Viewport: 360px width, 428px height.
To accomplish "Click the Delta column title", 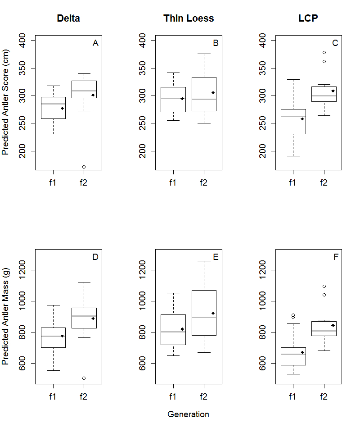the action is pos(68,18).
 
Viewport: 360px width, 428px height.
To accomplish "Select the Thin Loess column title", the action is pos(189,18).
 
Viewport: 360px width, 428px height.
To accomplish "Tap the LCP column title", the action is pos(308,18).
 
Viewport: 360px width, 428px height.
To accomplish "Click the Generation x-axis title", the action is pos(188,414).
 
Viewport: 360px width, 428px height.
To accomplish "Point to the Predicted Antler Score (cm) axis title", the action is pos(5,102).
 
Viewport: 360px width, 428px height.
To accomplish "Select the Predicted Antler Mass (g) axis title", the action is pos(5,316).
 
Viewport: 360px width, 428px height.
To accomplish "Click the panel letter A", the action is pos(95,43).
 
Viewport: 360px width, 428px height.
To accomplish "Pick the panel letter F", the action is pos(336,257).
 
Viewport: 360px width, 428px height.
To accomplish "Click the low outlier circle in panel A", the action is pos(84,167).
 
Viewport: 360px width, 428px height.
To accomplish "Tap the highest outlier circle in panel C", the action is pos(324,52).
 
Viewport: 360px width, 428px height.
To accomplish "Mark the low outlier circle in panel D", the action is pos(84,378).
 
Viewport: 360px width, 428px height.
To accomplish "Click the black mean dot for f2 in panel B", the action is pos(213,92).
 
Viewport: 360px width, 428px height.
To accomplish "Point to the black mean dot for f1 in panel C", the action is pos(302,119).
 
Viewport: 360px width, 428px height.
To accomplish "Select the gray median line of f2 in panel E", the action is pos(204,317).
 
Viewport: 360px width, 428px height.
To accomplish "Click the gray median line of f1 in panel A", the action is pos(53,104).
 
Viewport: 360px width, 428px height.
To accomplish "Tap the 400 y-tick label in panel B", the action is pos(142,41).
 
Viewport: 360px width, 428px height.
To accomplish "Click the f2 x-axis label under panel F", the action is pos(324,396).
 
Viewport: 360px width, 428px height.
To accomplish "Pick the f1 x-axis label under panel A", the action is pos(52,182).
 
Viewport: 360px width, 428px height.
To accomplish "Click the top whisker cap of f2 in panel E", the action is pos(204,261).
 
